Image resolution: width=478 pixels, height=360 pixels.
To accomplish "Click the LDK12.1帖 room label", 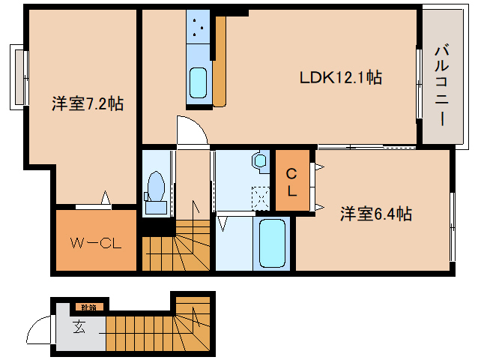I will (341, 77).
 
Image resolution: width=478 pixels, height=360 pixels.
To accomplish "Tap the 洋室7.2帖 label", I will (88, 105).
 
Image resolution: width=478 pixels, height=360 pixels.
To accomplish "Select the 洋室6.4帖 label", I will (376, 214).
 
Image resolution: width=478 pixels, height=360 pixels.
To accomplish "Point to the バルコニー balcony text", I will (441, 87).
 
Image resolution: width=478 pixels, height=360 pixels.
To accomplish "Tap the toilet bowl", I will (157, 184).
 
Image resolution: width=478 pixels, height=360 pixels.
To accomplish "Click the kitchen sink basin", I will (199, 79).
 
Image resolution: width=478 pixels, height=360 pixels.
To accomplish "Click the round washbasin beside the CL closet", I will (260, 160).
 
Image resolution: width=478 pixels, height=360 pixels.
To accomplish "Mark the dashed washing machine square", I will (260, 197).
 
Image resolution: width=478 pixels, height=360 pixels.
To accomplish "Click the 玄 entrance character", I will (79, 326).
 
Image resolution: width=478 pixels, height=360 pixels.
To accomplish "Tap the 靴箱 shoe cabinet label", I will (89, 307).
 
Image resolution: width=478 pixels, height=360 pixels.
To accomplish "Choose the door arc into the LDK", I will (193, 129).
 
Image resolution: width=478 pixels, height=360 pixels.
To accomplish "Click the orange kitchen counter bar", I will (220, 60).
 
